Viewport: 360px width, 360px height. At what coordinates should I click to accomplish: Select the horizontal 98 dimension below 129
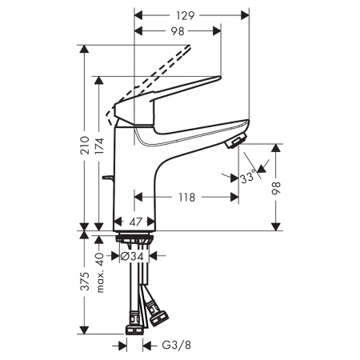click(178, 31)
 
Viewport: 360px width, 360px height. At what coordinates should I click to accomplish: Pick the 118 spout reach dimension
click(187, 196)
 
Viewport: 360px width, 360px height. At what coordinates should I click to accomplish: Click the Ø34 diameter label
click(133, 256)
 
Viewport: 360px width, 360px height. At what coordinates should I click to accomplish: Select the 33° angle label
click(249, 178)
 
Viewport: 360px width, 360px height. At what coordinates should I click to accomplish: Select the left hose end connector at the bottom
click(134, 327)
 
